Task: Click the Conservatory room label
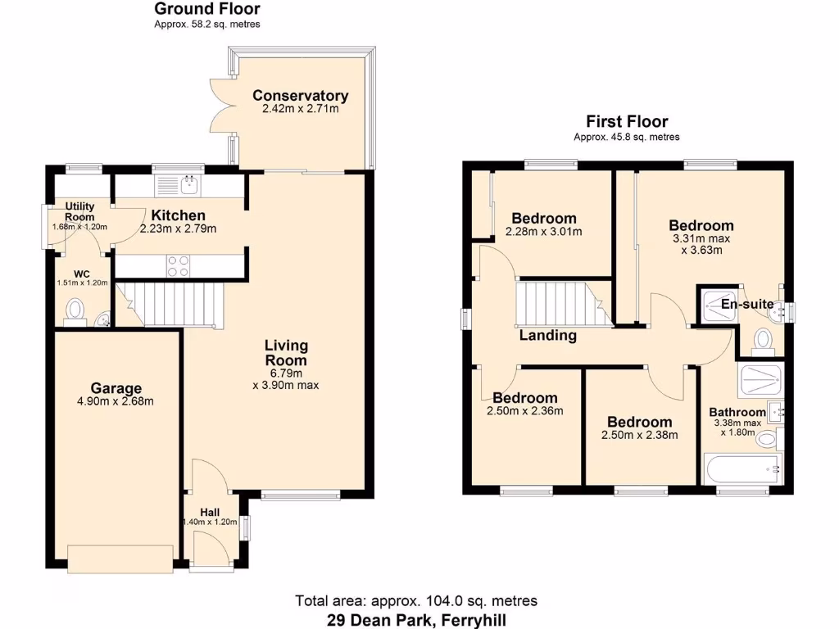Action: [x=300, y=96]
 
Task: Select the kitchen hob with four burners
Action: [x=179, y=265]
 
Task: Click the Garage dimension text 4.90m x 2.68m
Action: [x=116, y=401]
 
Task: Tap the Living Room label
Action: [x=286, y=353]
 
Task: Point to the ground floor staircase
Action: [x=172, y=303]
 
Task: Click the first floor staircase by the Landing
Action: [x=557, y=303]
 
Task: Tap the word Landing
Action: [x=547, y=335]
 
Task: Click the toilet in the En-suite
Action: [x=762, y=339]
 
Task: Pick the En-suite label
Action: [x=746, y=305]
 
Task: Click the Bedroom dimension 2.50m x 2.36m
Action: [x=524, y=411]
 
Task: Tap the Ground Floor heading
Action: [x=207, y=10]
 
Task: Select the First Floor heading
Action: [x=627, y=121]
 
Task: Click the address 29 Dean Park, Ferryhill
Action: [x=416, y=618]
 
